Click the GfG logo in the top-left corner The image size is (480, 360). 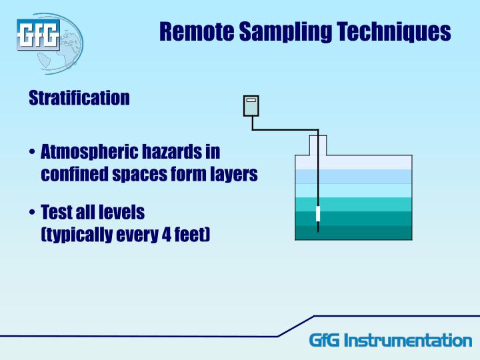coord(39,35)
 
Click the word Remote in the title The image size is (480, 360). coord(196,31)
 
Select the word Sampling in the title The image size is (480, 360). coord(285,31)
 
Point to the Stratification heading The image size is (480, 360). coord(79,98)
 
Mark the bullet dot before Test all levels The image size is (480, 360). coord(32,213)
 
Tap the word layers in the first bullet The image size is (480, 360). coord(233,175)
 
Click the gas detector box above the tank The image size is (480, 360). coord(251,105)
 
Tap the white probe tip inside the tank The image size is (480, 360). coord(318,214)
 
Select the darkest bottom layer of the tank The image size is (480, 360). coord(353,233)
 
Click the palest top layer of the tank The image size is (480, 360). coord(353,162)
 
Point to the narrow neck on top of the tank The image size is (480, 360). coord(318,144)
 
